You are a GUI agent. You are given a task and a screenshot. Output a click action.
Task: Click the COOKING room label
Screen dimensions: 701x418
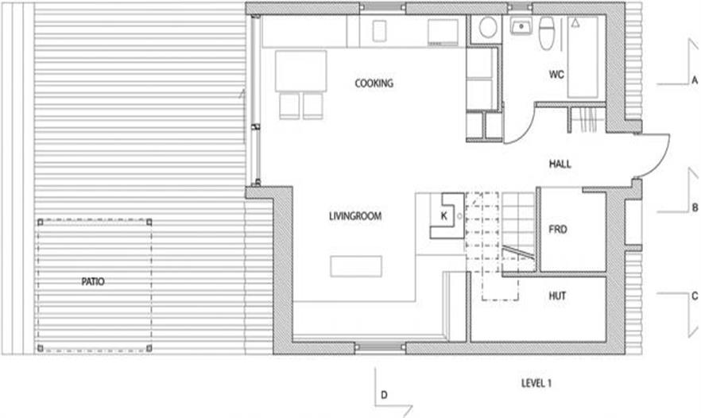pos(374,83)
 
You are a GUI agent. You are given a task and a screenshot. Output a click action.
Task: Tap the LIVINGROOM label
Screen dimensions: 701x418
pos(355,216)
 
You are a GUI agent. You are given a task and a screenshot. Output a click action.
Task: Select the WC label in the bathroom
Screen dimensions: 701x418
pos(556,74)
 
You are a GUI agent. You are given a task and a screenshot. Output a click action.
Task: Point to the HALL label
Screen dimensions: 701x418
pos(560,164)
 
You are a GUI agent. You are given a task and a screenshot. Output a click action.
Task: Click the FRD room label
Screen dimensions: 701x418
pos(557,230)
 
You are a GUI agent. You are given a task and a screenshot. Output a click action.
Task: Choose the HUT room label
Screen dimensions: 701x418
pos(557,296)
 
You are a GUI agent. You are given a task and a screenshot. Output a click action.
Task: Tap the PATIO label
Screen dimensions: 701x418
pos(92,281)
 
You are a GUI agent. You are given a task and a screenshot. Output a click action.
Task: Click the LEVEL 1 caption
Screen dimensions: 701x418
pos(536,383)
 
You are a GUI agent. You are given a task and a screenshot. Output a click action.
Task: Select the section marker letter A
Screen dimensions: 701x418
pos(695,80)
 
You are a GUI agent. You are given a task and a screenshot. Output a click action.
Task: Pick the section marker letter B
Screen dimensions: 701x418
pos(695,208)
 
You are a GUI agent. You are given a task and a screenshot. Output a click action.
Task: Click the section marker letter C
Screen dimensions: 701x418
pos(695,296)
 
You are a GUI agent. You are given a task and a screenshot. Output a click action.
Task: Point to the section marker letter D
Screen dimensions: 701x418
pos(384,395)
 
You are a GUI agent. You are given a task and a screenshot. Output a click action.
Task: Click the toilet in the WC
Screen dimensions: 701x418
pos(546,33)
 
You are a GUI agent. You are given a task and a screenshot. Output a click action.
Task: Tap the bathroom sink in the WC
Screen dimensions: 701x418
pos(521,26)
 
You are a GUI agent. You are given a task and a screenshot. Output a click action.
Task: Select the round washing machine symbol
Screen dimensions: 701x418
pos(488,28)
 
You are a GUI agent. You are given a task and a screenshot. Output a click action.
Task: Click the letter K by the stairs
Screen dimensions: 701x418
pos(444,216)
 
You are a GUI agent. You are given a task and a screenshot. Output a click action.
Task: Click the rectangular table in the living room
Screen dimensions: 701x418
pos(356,266)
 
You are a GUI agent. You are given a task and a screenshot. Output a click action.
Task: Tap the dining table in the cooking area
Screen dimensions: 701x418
pos(301,71)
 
